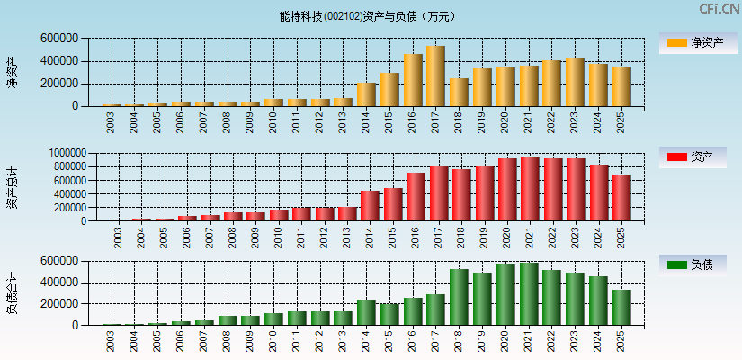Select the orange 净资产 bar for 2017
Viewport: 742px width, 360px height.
click(435, 76)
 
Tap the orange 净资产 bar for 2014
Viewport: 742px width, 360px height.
click(366, 94)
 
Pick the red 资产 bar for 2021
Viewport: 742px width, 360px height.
click(530, 190)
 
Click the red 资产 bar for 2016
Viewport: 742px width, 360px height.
click(415, 197)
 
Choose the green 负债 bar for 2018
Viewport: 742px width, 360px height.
click(459, 297)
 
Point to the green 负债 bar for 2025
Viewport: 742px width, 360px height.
click(621, 308)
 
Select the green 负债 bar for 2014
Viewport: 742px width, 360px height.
click(366, 312)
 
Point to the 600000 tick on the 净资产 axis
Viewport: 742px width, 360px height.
click(58, 39)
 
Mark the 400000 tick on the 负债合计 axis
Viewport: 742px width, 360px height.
click(58, 283)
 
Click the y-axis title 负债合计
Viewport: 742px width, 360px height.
click(12, 293)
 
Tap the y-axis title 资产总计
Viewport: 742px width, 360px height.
click(12, 187)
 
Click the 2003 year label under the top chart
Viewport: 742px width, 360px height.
click(111, 121)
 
